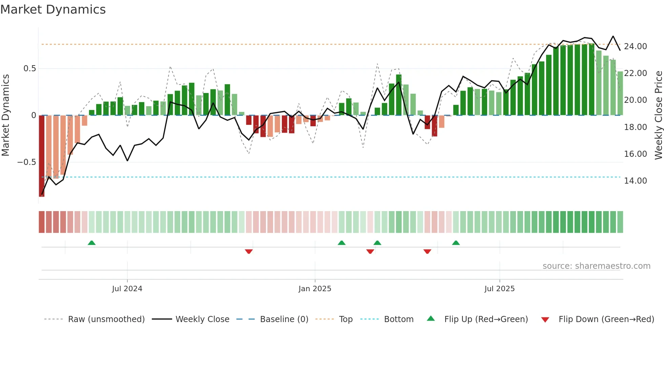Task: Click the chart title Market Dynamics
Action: [x=53, y=10]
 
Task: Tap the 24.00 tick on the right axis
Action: [x=635, y=46]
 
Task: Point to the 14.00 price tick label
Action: [x=635, y=181]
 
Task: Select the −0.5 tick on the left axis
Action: [x=26, y=162]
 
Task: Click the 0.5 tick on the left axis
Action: [x=29, y=69]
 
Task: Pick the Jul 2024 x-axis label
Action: [x=127, y=289]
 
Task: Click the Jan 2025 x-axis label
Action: [x=315, y=289]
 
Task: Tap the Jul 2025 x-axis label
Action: [x=499, y=289]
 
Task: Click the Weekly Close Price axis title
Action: [x=658, y=115]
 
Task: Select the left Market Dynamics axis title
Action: [x=5, y=115]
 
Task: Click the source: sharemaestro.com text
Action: [x=596, y=266]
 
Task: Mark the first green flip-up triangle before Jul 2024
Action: [x=91, y=243]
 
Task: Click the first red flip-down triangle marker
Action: [x=249, y=251]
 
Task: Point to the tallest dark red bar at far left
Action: [x=42, y=156]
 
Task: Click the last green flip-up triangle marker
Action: [x=456, y=243]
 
